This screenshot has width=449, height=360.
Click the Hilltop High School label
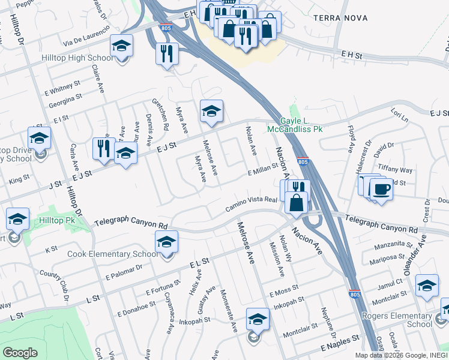click(77, 58)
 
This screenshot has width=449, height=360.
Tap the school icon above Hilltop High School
click(121, 47)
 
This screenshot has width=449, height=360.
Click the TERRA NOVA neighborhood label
click(340, 18)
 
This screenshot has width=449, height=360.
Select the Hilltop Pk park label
click(58, 221)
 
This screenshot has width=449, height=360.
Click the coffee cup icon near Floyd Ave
click(379, 190)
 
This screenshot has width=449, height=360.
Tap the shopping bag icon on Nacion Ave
click(297, 202)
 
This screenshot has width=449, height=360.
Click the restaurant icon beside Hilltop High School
click(167, 53)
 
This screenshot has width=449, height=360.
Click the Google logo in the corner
click(20, 353)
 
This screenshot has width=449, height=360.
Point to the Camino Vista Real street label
click(251, 203)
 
